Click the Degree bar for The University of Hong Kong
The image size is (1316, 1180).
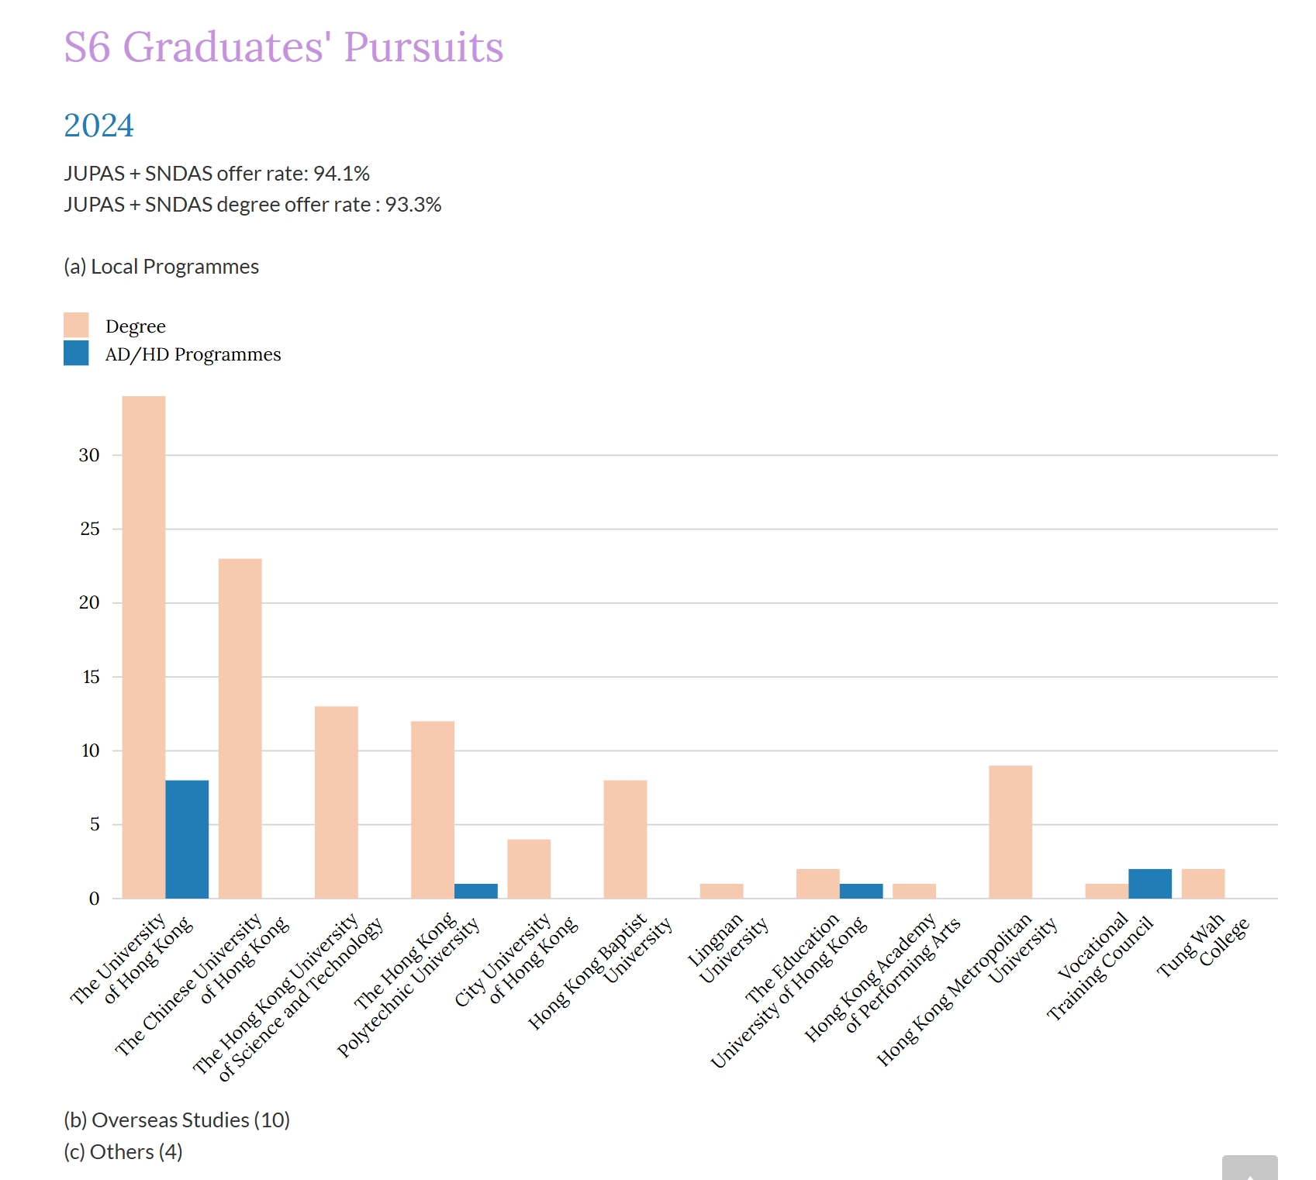pos(143,647)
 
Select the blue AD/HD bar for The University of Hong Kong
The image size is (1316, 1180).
pos(187,840)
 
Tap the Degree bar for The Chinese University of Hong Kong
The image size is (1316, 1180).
pos(240,729)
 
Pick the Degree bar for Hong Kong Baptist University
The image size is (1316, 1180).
pos(625,840)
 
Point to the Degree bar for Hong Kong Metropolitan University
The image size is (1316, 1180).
pos(1010,832)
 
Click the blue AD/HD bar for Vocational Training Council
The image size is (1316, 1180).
pos(1150,884)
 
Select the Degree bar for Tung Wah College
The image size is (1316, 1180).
pos(1203,884)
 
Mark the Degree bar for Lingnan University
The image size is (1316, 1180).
pos(721,891)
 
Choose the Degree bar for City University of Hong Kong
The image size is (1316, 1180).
pos(529,869)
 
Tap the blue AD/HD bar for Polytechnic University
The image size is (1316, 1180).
pos(475,891)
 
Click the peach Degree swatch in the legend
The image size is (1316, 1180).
pos(76,325)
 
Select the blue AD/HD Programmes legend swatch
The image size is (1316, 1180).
pos(76,354)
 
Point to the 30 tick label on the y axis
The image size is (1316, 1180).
pos(89,455)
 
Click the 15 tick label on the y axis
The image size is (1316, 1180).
pos(91,677)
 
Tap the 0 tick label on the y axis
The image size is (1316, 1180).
pos(94,899)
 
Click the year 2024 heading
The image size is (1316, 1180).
pos(98,126)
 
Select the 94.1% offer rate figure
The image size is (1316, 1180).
pos(341,174)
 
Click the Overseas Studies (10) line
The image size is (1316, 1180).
pos(177,1120)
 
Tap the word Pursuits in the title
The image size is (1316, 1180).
pos(423,47)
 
